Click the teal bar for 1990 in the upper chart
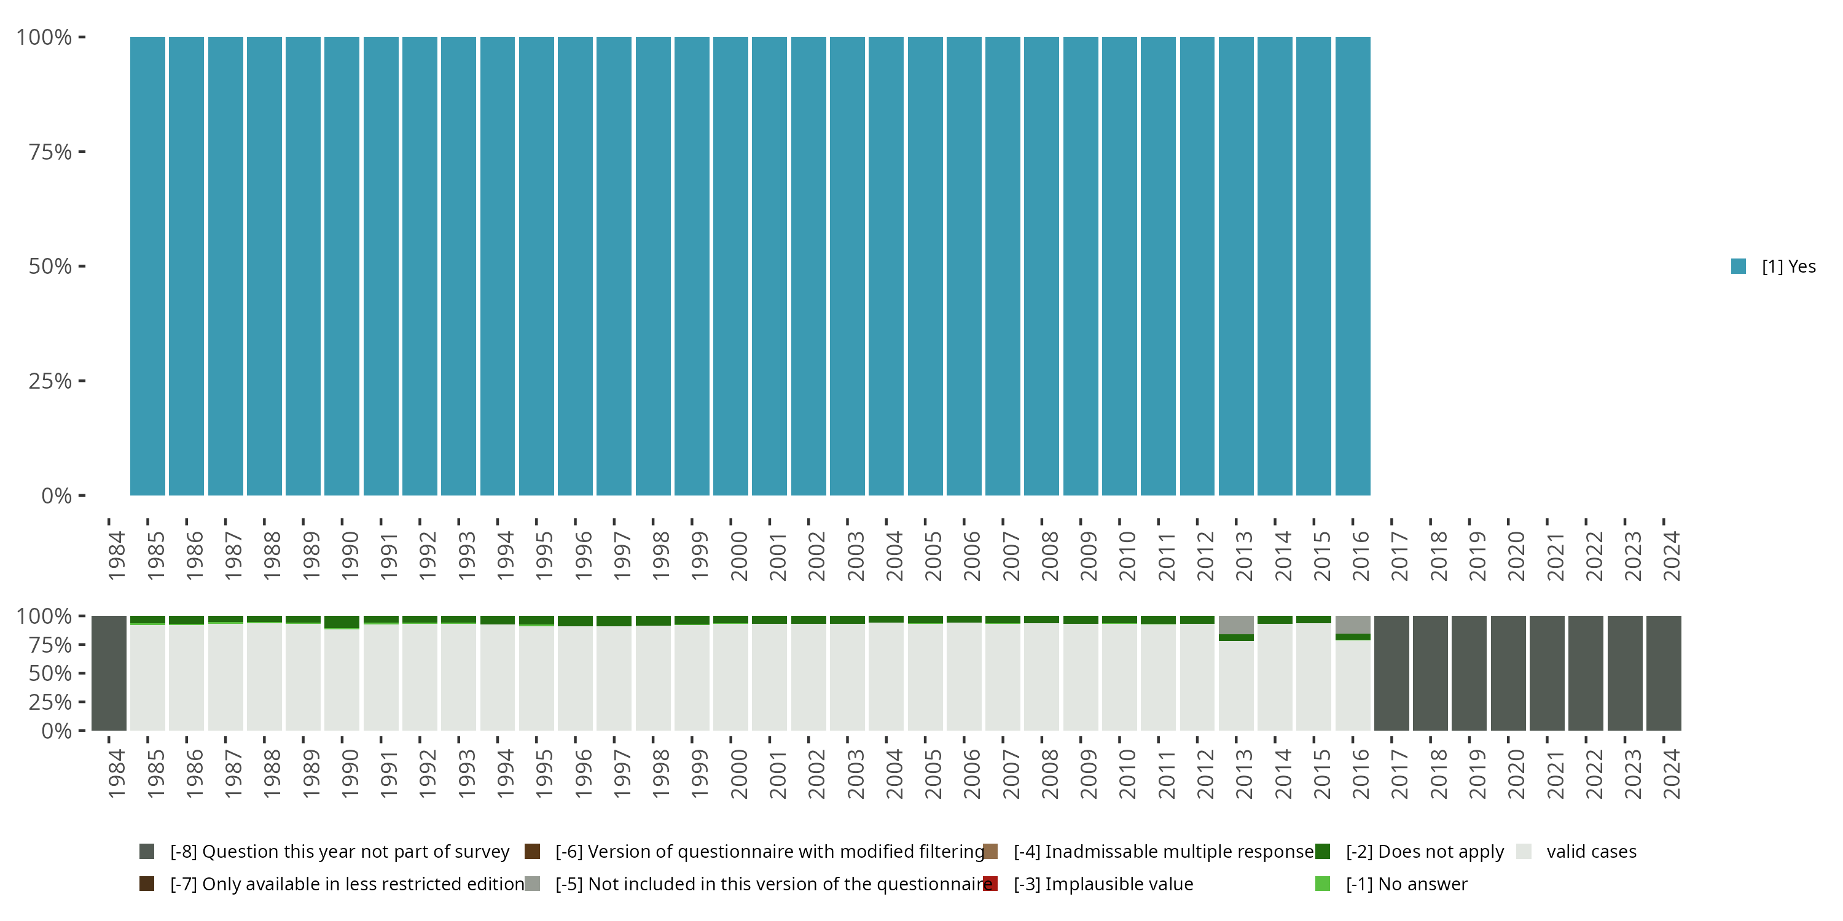pyautogui.click(x=342, y=266)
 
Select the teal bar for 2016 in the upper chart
pyautogui.click(x=1353, y=266)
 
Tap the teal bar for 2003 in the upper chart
pyautogui.click(x=847, y=266)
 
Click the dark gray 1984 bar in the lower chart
pyautogui.click(x=109, y=673)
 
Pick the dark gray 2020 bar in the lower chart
pyautogui.click(x=1508, y=673)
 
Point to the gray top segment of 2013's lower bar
pyautogui.click(x=1236, y=624)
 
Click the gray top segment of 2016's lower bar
pyautogui.click(x=1353, y=624)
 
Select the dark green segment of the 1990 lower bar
pyautogui.click(x=342, y=622)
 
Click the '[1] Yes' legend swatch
pyautogui.click(x=1739, y=266)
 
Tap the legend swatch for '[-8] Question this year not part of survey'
pyautogui.click(x=147, y=851)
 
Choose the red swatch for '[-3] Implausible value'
pyautogui.click(x=990, y=884)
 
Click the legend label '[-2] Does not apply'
pyautogui.click(x=1425, y=851)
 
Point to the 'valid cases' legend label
pyautogui.click(x=1591, y=851)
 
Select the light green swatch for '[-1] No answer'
pyautogui.click(x=1322, y=884)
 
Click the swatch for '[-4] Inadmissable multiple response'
pyautogui.click(x=990, y=851)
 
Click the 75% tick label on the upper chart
pyautogui.click(x=50, y=152)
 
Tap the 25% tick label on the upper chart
pyautogui.click(x=50, y=381)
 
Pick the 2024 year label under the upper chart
pyautogui.click(x=1670, y=556)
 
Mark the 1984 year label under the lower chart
pyautogui.click(x=116, y=774)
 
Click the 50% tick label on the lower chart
pyautogui.click(x=50, y=673)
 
